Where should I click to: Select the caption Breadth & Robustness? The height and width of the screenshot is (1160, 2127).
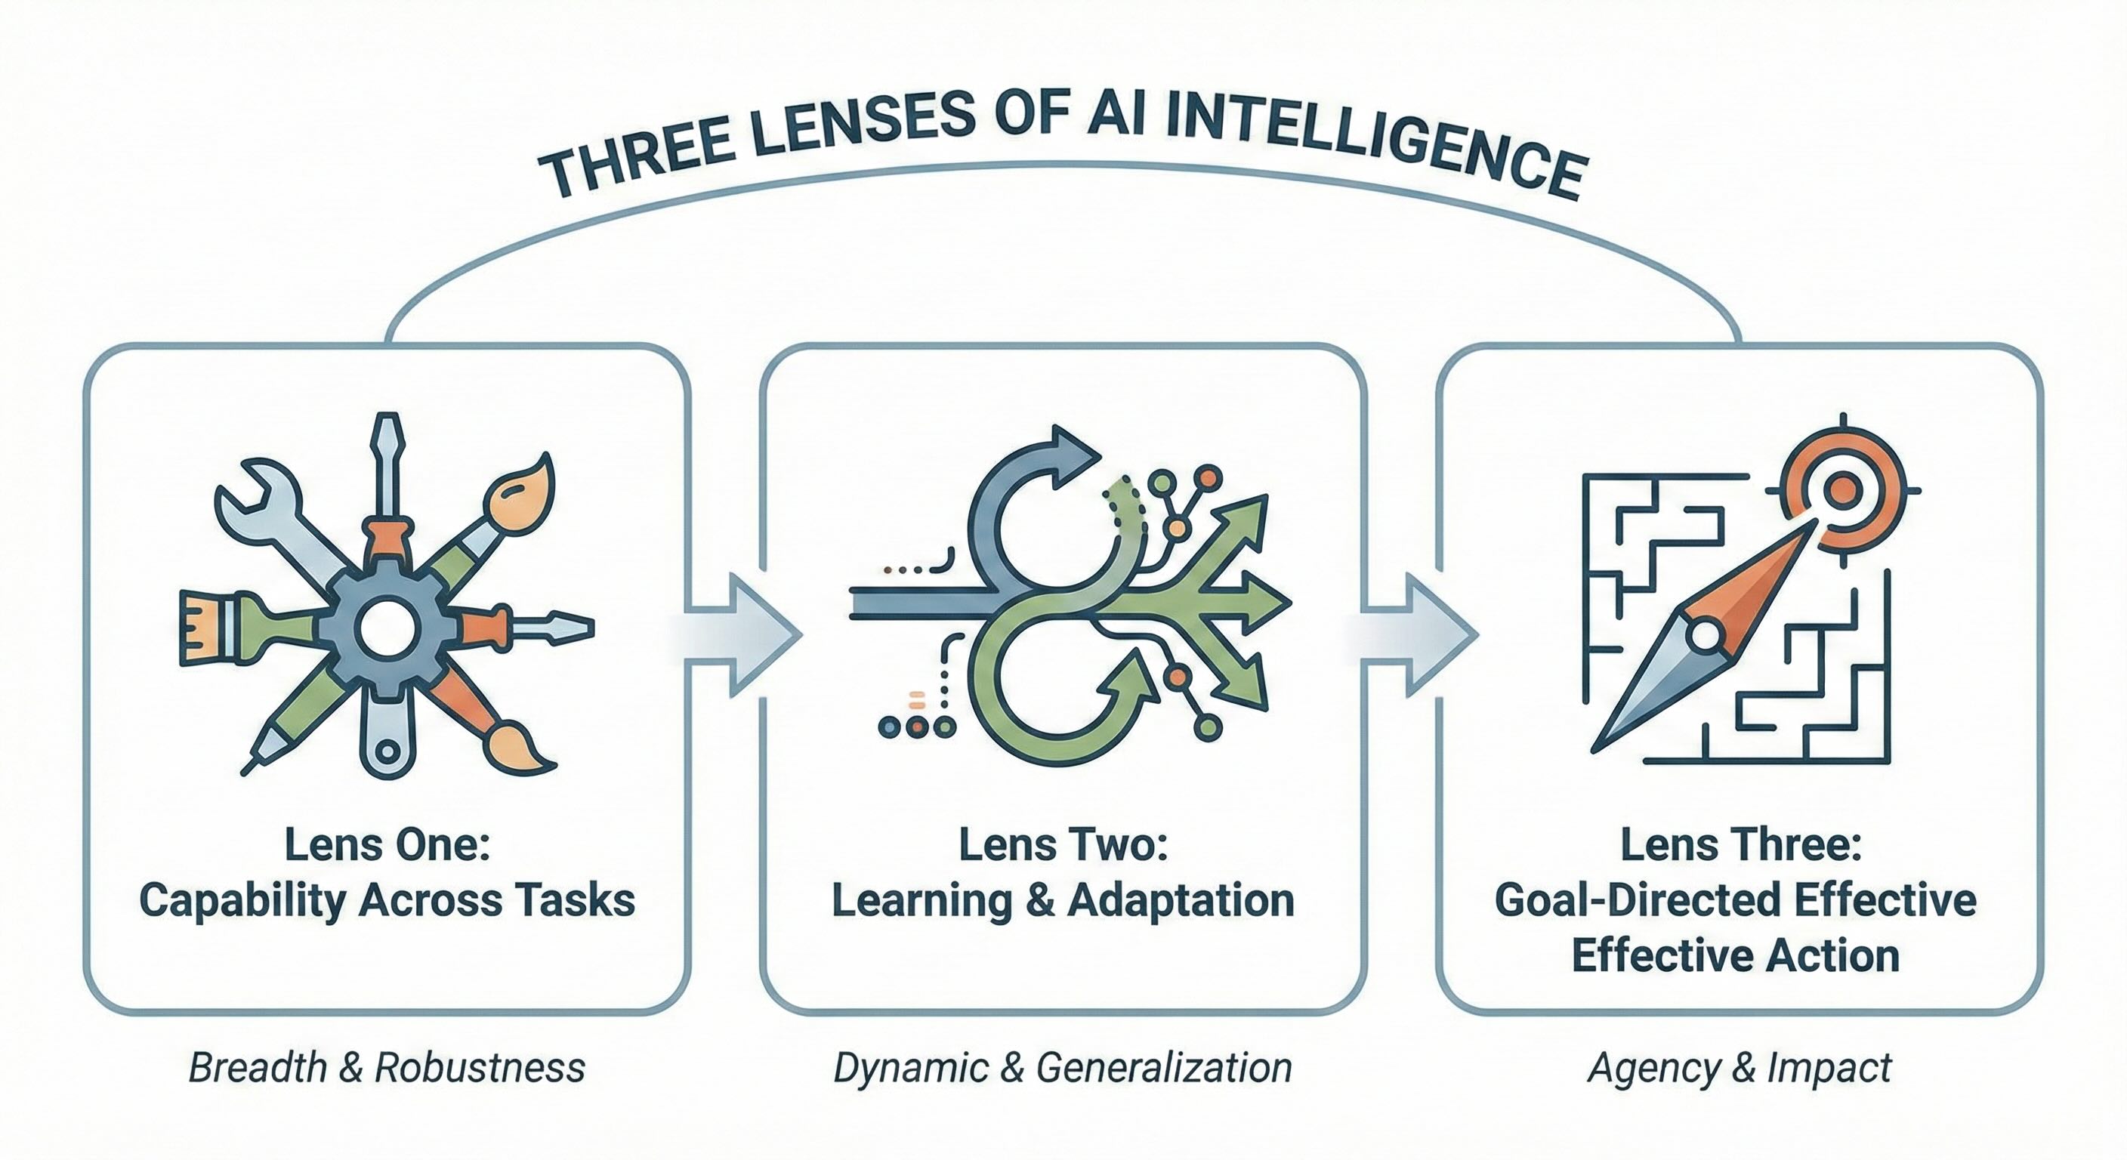tap(387, 1068)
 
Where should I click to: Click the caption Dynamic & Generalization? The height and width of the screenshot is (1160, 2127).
tap(1063, 1068)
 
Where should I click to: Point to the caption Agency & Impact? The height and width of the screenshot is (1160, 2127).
tap(1740, 1068)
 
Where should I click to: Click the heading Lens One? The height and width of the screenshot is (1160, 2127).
tap(387, 844)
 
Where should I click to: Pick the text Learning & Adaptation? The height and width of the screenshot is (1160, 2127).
tap(1063, 900)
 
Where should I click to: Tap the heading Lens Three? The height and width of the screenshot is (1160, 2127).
tap(1740, 844)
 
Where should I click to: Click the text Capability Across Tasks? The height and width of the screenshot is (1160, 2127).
tap(387, 900)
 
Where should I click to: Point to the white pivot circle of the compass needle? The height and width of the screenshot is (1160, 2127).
tap(1703, 637)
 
